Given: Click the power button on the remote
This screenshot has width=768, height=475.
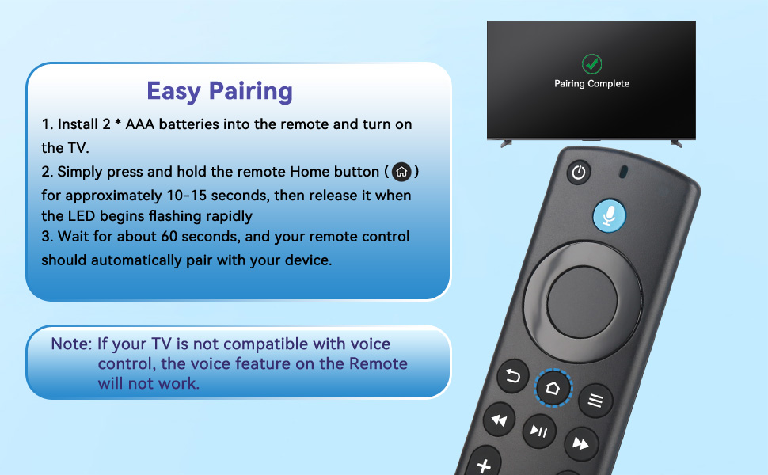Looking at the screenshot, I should coord(579,173).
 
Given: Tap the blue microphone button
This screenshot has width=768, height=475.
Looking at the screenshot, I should coord(609,215).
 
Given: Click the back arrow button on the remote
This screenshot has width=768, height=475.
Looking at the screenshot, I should coord(512,376).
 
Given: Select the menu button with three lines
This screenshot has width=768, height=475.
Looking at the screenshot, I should coord(595,401).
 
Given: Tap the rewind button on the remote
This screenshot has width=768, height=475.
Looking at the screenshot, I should coord(499,420).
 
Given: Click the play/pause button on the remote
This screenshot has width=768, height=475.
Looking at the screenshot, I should coord(539,431).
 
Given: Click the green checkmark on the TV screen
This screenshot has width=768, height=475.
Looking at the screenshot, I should coord(591,63).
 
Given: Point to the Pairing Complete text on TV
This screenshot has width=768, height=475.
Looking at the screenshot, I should coord(591,84).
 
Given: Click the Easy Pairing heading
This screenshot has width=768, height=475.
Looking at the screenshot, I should coord(219,91).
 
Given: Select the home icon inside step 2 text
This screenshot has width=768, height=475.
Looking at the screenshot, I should coord(401,172).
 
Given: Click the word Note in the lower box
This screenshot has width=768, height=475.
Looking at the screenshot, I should coord(70,344).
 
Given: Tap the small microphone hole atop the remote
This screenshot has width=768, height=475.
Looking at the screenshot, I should coord(623,171).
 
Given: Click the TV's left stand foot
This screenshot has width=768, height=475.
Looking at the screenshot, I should coord(505,143).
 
